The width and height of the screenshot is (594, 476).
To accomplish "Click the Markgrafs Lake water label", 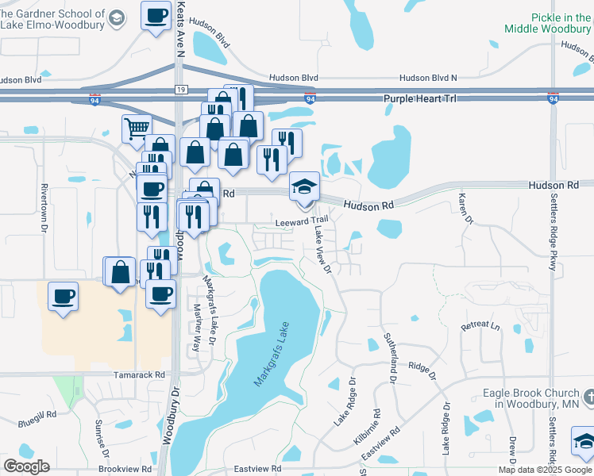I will click(x=269, y=359).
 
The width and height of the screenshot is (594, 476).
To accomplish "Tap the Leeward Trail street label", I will click(x=302, y=222).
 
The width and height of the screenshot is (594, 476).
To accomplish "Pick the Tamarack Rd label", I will click(x=138, y=374).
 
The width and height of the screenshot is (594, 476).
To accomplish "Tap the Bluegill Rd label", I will click(x=40, y=414).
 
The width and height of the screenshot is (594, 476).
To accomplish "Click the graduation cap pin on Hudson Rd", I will click(x=303, y=186).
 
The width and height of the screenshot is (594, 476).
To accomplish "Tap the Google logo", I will click(x=27, y=466).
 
